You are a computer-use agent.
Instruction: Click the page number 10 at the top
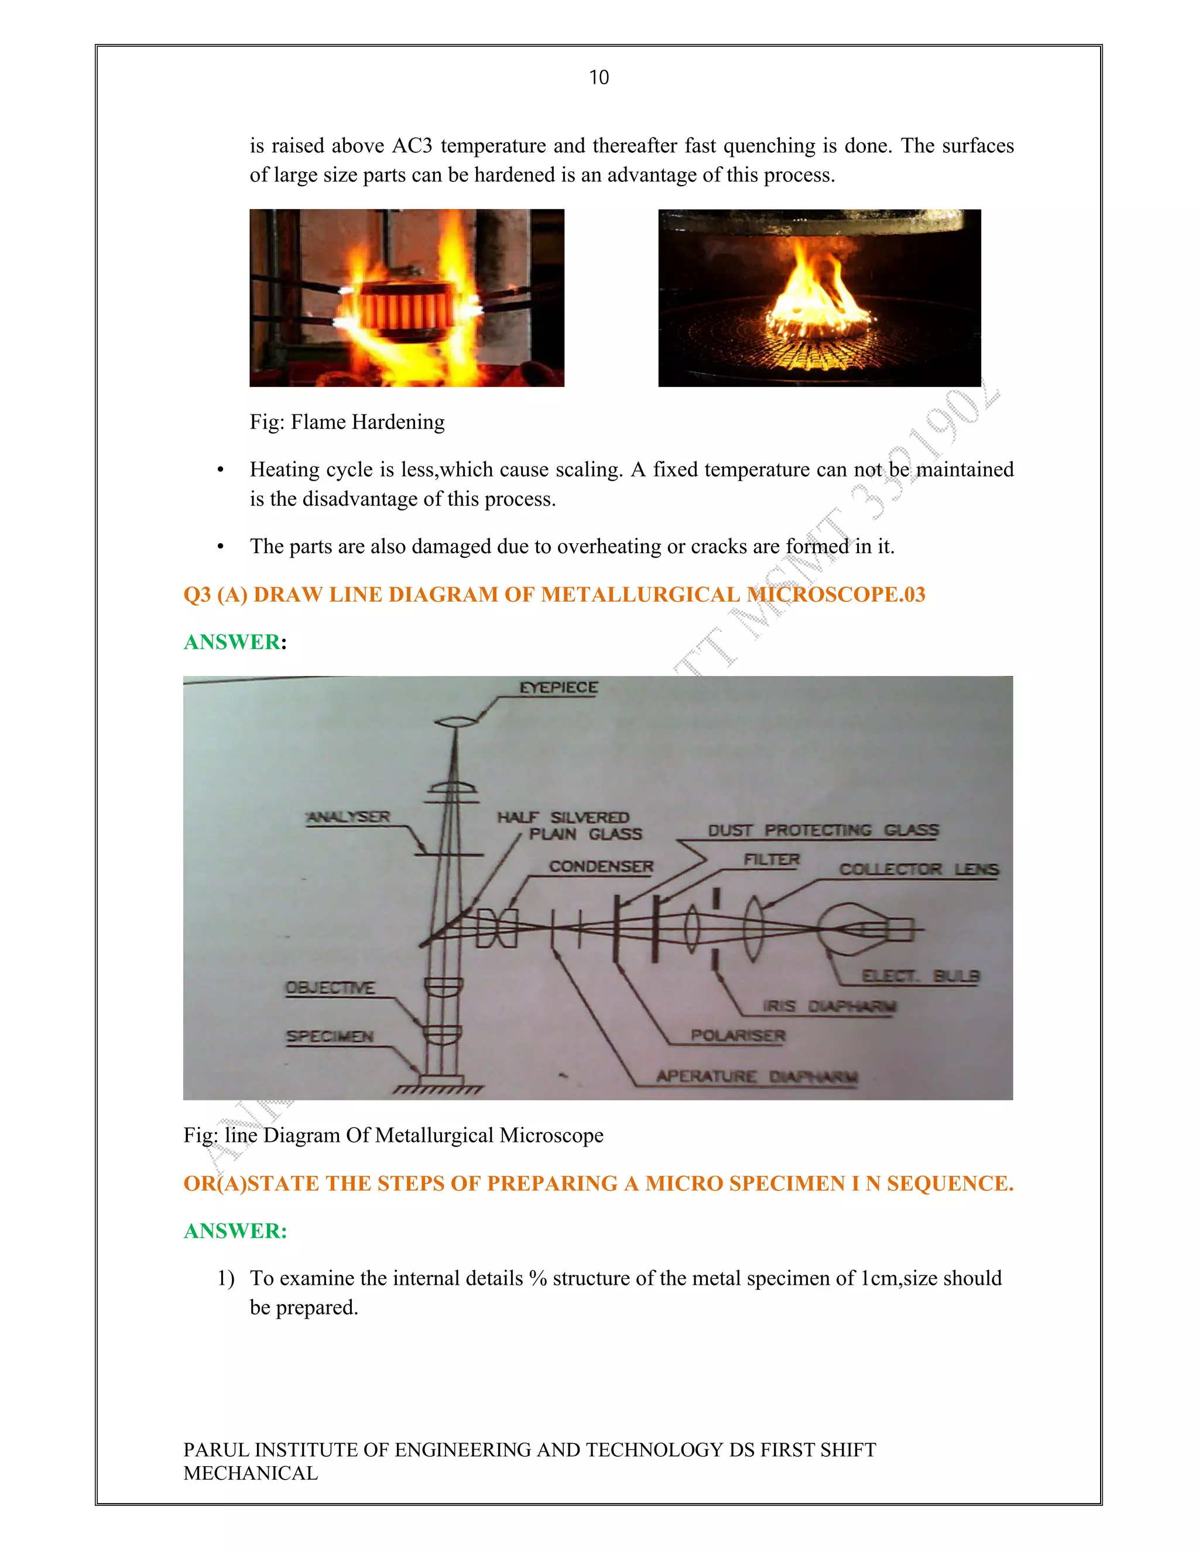(599, 77)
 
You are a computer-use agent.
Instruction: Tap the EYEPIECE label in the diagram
(559, 688)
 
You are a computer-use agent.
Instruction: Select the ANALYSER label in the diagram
(348, 816)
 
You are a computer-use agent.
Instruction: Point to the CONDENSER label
(601, 866)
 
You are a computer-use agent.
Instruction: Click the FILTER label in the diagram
(772, 859)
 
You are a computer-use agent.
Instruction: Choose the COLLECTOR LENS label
(919, 869)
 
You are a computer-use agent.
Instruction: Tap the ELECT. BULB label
(920, 976)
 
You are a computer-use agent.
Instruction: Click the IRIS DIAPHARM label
(830, 1006)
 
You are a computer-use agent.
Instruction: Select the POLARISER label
(738, 1035)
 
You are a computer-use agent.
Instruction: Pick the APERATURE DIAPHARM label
(756, 1076)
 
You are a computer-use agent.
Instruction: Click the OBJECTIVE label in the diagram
(330, 988)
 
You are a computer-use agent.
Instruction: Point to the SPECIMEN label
(330, 1036)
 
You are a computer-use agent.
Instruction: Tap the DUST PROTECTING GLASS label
(823, 830)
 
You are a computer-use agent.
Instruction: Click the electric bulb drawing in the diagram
(849, 929)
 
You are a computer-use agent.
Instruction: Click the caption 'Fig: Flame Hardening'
(347, 422)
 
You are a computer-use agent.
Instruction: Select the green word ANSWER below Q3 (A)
(232, 642)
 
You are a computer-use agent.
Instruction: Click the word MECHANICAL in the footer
(251, 1473)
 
